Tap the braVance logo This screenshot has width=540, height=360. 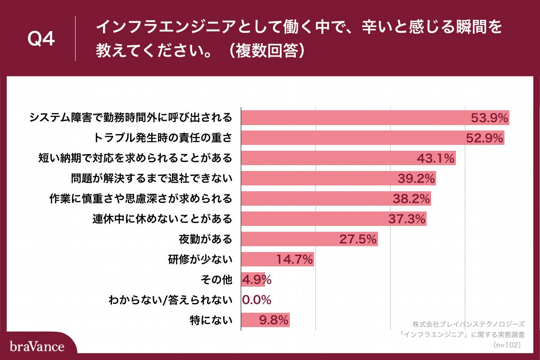37,346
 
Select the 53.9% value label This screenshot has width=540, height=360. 489,118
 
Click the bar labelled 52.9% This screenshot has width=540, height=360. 360,138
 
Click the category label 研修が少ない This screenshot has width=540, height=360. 206,260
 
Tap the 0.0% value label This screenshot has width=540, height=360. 257,300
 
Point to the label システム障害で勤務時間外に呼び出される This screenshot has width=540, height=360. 131,118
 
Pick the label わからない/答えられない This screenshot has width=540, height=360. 171,300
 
